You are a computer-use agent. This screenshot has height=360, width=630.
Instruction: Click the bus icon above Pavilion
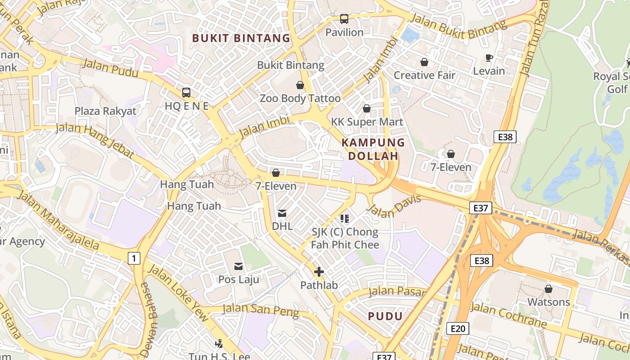(344, 19)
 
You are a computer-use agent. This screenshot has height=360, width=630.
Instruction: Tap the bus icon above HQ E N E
(186, 93)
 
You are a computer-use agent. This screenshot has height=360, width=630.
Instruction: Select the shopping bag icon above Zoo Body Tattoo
(300, 85)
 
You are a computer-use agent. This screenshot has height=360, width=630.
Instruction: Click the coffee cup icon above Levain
(489, 58)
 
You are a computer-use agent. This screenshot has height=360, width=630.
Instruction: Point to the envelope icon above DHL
(282, 213)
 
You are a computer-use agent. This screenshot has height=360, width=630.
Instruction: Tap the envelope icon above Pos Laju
(238, 266)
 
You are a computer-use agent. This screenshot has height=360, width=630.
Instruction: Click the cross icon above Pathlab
(319, 272)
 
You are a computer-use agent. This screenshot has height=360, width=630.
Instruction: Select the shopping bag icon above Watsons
(549, 288)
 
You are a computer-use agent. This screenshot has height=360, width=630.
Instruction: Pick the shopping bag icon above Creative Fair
(424, 62)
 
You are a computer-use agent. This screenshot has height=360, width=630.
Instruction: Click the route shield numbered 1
(134, 258)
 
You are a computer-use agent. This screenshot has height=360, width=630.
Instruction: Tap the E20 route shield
(458, 328)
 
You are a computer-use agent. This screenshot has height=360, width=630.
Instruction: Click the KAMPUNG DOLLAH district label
(373, 149)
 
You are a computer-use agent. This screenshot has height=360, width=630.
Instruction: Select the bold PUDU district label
(385, 316)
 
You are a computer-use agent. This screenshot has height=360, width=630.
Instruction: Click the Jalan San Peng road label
(261, 310)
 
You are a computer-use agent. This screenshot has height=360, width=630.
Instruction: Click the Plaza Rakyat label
(105, 111)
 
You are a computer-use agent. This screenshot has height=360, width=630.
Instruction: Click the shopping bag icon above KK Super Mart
(367, 108)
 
